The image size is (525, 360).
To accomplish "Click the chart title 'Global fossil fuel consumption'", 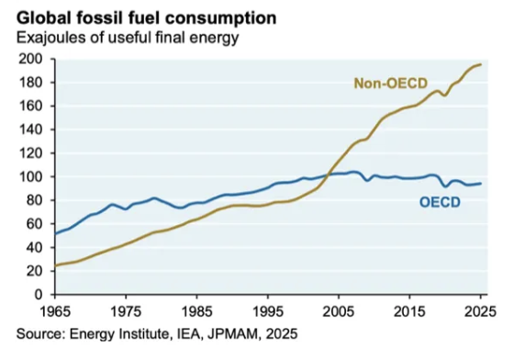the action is (146, 18).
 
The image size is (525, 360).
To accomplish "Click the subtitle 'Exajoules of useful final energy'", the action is (128, 38).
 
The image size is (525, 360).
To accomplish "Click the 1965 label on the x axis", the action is (55, 311).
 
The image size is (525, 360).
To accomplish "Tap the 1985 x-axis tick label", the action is (196, 311).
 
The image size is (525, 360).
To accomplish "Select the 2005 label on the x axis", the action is (339, 311).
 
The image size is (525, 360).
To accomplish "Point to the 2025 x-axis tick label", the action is (480, 311).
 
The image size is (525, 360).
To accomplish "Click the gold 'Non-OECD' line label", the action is (391, 84).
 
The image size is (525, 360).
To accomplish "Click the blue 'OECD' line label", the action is (440, 202).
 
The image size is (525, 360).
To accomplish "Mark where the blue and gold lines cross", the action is (329, 174).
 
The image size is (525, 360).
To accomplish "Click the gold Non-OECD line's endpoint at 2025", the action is (481, 64).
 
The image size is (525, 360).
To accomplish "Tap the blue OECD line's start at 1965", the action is (55, 233).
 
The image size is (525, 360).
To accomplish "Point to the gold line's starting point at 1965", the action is (55, 265).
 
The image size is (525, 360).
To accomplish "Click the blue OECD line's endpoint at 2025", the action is (481, 183).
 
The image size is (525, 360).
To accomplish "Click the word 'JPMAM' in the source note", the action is (233, 334).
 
